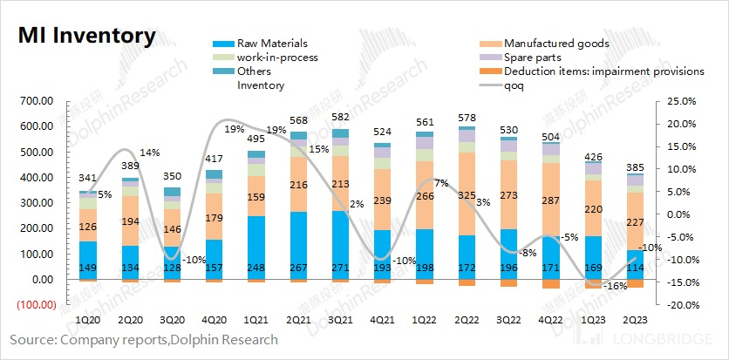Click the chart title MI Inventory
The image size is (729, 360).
click(85, 36)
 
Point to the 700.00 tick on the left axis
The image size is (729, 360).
click(36, 101)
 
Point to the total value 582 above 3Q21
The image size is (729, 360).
click(341, 116)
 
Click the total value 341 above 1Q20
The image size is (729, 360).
click(88, 179)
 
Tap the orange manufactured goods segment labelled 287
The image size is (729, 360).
click(552, 201)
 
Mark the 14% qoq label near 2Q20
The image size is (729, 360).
click(151, 153)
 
